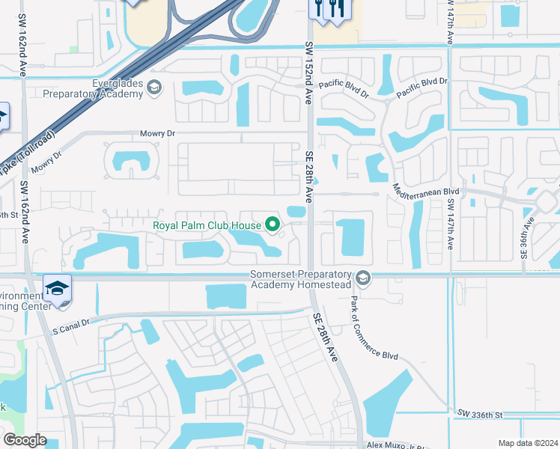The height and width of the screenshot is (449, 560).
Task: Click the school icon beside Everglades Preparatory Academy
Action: pyautogui.click(x=155, y=88)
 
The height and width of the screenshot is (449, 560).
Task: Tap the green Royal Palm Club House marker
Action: pyautogui.click(x=273, y=224)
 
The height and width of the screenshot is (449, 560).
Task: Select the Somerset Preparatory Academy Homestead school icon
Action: pyautogui.click(x=363, y=278)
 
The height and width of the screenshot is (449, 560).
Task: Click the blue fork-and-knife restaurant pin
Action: pyautogui.click(x=326, y=10)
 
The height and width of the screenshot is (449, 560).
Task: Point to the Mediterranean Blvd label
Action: pyautogui.click(x=426, y=192)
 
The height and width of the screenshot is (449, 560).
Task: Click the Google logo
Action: pyautogui.click(x=24, y=440)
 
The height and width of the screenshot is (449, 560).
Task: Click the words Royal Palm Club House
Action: pyautogui.click(x=207, y=224)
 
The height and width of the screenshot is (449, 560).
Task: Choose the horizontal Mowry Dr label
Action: pyautogui.click(x=157, y=133)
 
